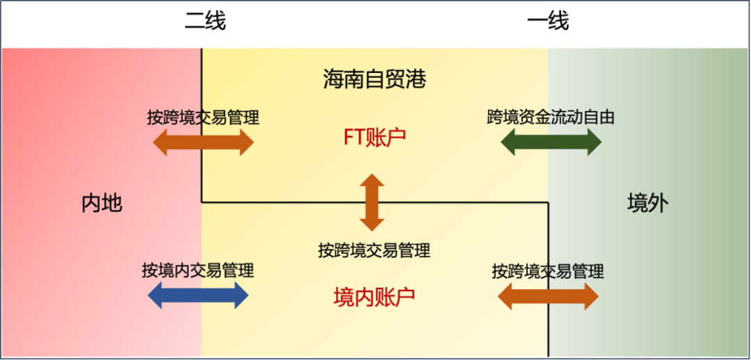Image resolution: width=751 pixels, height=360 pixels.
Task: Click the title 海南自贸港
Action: (374, 79)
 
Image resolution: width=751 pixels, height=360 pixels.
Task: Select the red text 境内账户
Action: (374, 297)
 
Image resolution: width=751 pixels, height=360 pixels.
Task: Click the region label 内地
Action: (102, 203)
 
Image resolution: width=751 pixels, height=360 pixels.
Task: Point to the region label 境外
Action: (647, 203)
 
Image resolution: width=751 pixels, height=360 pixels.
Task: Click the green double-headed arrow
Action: (551, 142)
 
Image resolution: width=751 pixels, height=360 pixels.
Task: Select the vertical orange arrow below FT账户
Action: (371, 202)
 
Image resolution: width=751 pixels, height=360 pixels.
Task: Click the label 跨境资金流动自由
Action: (551, 117)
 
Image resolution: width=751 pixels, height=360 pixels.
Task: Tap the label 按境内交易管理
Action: (197, 270)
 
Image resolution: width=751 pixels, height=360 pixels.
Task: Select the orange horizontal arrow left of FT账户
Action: (203, 142)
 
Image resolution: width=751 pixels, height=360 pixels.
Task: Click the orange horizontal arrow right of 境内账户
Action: (548, 297)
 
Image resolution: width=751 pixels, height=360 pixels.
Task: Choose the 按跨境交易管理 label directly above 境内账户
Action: (374, 250)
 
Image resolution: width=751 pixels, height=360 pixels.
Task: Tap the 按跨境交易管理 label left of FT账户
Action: (203, 117)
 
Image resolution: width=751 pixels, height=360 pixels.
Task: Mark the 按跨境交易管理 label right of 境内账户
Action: (548, 271)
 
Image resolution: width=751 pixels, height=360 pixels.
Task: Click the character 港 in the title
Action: (415, 79)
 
